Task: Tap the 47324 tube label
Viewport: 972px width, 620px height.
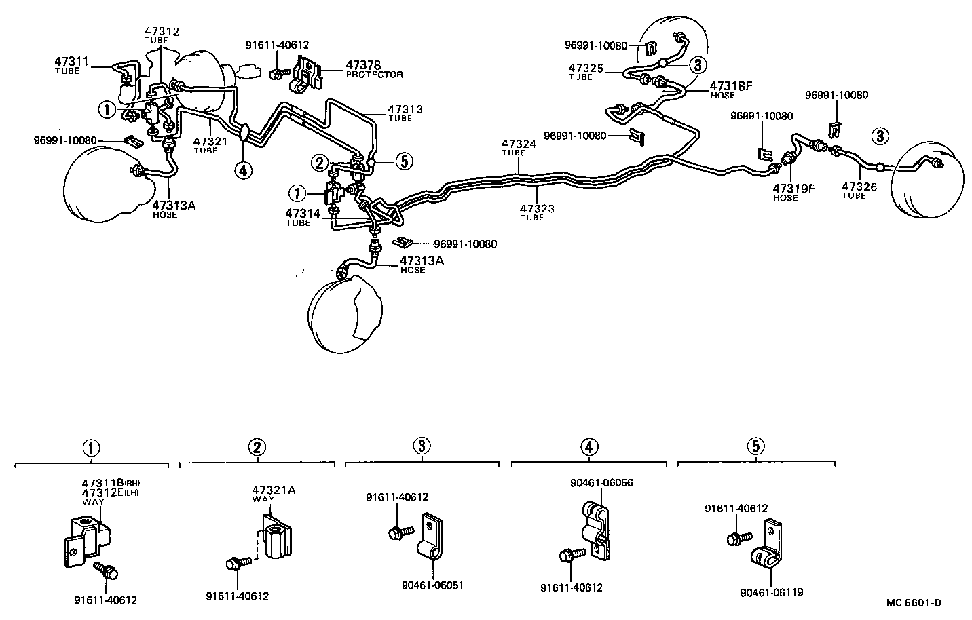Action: pyautogui.click(x=519, y=147)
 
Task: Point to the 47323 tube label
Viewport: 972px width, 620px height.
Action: pyautogui.click(x=537, y=212)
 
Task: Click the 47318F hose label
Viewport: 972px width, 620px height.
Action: pyautogui.click(x=732, y=90)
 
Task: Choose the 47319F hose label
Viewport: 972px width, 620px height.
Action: pyautogui.click(x=793, y=193)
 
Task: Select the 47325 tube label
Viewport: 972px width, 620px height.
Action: pyautogui.click(x=586, y=72)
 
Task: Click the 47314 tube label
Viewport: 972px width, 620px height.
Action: pyautogui.click(x=303, y=216)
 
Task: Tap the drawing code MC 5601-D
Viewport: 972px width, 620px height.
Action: pyautogui.click(x=913, y=602)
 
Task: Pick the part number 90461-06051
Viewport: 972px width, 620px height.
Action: pyautogui.click(x=433, y=584)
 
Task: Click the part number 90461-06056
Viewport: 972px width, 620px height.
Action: pyautogui.click(x=601, y=483)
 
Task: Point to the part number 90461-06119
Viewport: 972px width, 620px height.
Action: pyautogui.click(x=771, y=592)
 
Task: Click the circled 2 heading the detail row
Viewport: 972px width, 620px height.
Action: pyautogui.click(x=256, y=447)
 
